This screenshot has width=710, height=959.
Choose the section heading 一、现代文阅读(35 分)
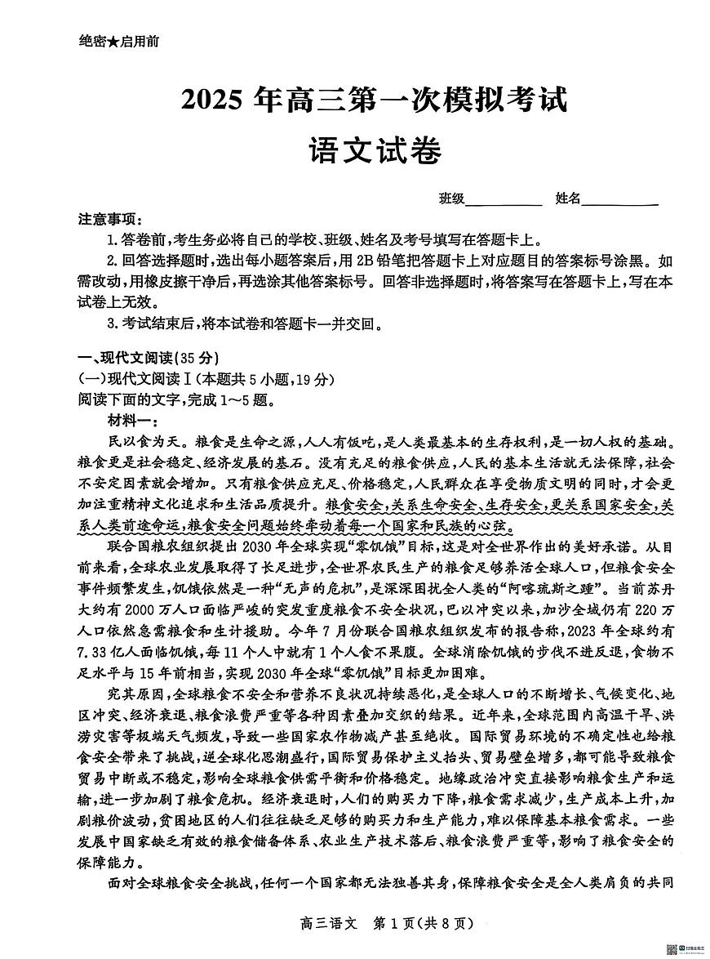(x=149, y=358)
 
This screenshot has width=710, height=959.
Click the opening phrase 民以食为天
(x=140, y=441)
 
